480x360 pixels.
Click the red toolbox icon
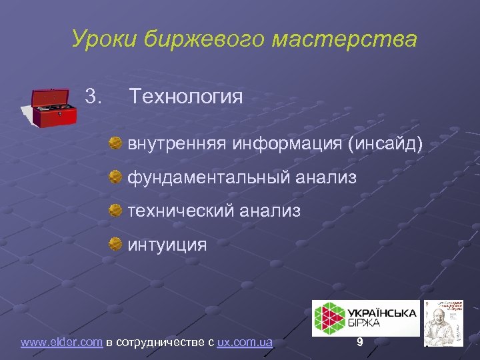55,107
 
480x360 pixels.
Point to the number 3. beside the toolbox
94,97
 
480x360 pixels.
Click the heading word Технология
186,97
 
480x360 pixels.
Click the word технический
179,211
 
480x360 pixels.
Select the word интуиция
167,245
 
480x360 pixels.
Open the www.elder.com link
61,342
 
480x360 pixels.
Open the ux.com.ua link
245,342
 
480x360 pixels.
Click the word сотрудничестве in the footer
165,342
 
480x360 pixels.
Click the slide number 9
360,342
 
